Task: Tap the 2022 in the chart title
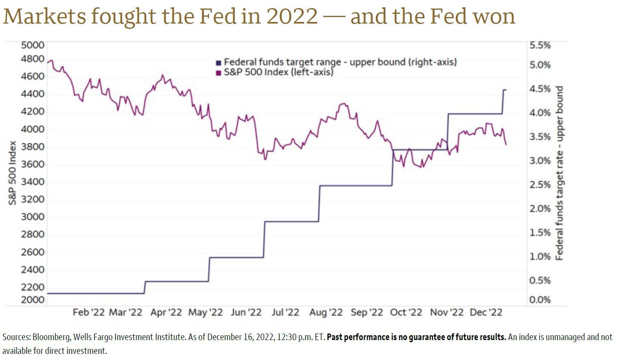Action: coord(292,16)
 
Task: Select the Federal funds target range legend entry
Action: coord(336,62)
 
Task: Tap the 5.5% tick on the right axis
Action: coord(540,46)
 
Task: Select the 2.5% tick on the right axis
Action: coord(540,185)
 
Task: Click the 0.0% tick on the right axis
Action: coord(540,300)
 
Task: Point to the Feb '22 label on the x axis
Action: coord(89,312)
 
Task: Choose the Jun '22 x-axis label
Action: coord(246,312)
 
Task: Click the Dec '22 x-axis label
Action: coord(486,312)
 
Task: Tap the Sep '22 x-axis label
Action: coord(367,312)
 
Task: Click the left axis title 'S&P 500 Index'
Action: coord(13,173)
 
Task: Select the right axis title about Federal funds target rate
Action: coord(560,173)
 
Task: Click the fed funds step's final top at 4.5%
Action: coord(505,90)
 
